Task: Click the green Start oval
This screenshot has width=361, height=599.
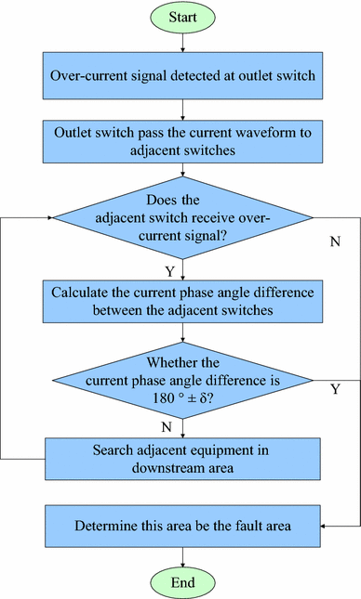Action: point(183,18)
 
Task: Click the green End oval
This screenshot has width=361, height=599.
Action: point(183,581)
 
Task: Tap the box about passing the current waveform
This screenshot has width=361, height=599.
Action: point(183,140)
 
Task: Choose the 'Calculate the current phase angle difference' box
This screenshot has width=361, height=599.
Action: point(183,301)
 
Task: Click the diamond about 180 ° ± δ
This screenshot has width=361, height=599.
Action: point(183,379)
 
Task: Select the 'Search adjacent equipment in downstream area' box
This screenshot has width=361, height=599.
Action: point(183,458)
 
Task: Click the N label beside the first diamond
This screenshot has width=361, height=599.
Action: point(335,241)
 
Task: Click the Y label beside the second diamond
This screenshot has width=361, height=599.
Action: point(335,389)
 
